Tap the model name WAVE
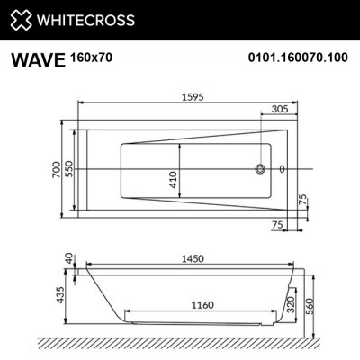[37, 61]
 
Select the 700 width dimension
[56, 168]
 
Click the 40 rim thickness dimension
[68, 259]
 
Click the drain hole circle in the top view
[262, 168]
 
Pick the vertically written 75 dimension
[303, 199]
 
